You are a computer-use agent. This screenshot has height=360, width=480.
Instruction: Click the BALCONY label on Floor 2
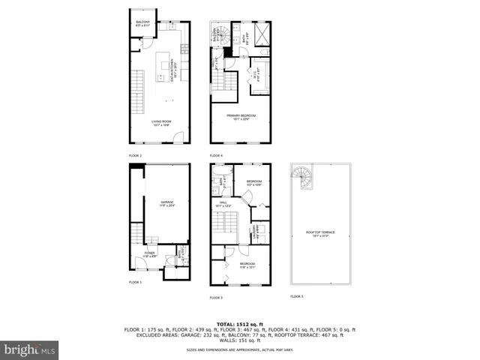tap(142, 22)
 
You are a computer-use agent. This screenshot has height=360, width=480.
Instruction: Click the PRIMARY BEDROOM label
tap(244, 116)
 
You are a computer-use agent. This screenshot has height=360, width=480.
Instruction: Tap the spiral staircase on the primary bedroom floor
tap(218, 35)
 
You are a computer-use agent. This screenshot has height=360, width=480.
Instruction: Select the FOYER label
tap(150, 256)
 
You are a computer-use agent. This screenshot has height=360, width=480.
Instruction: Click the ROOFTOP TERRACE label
tap(319, 232)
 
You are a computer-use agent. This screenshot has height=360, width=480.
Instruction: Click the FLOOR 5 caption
tap(297, 297)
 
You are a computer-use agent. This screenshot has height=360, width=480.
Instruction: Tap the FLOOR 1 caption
tap(135, 282)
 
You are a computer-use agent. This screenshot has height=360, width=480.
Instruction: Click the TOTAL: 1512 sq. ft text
tap(239, 324)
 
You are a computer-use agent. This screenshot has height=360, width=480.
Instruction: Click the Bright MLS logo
tap(30, 349)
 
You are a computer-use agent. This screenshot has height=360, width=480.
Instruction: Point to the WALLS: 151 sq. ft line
tap(239, 342)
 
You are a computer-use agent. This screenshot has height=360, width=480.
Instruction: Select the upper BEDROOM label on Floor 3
tap(253, 181)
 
